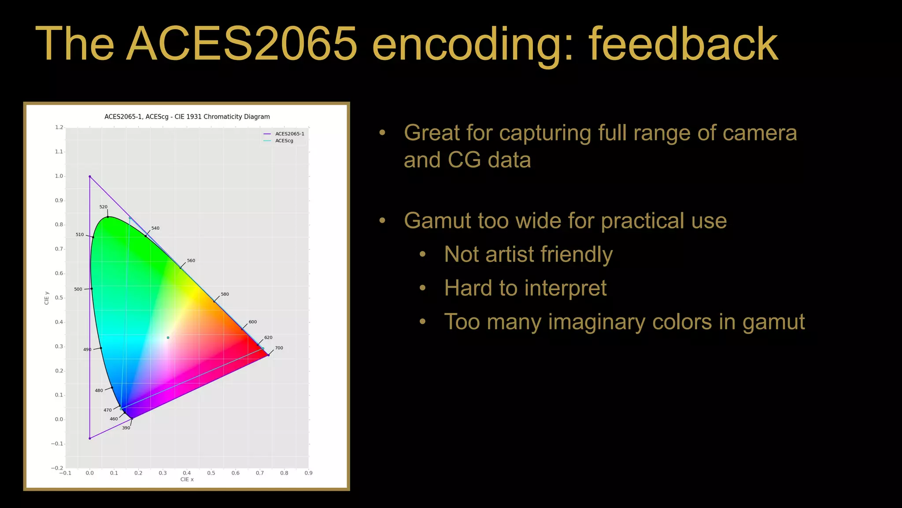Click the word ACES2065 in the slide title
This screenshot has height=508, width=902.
(241, 44)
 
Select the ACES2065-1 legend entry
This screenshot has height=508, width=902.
(289, 134)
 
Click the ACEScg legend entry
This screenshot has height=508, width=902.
(284, 141)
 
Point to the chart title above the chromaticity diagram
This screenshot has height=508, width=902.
(187, 117)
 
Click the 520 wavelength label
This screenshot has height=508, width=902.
(103, 207)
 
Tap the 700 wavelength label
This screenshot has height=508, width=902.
(279, 348)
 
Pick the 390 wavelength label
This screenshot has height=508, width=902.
(126, 428)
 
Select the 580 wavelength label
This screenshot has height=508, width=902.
(225, 294)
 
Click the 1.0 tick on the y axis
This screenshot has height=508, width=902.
(59, 176)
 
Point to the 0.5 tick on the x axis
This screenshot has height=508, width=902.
(211, 473)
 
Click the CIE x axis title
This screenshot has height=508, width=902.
(187, 479)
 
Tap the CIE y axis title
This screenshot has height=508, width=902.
(47, 298)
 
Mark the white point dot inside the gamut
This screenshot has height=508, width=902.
(168, 338)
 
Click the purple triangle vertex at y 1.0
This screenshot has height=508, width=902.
(90, 176)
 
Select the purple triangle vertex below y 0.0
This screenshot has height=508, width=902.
(90, 438)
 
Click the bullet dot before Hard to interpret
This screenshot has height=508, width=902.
(422, 288)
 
